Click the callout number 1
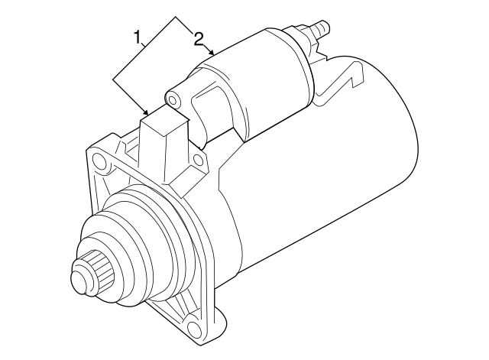click(138, 36)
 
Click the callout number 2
click(199, 37)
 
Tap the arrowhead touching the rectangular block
click(147, 113)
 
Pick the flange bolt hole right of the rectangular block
click(198, 161)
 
